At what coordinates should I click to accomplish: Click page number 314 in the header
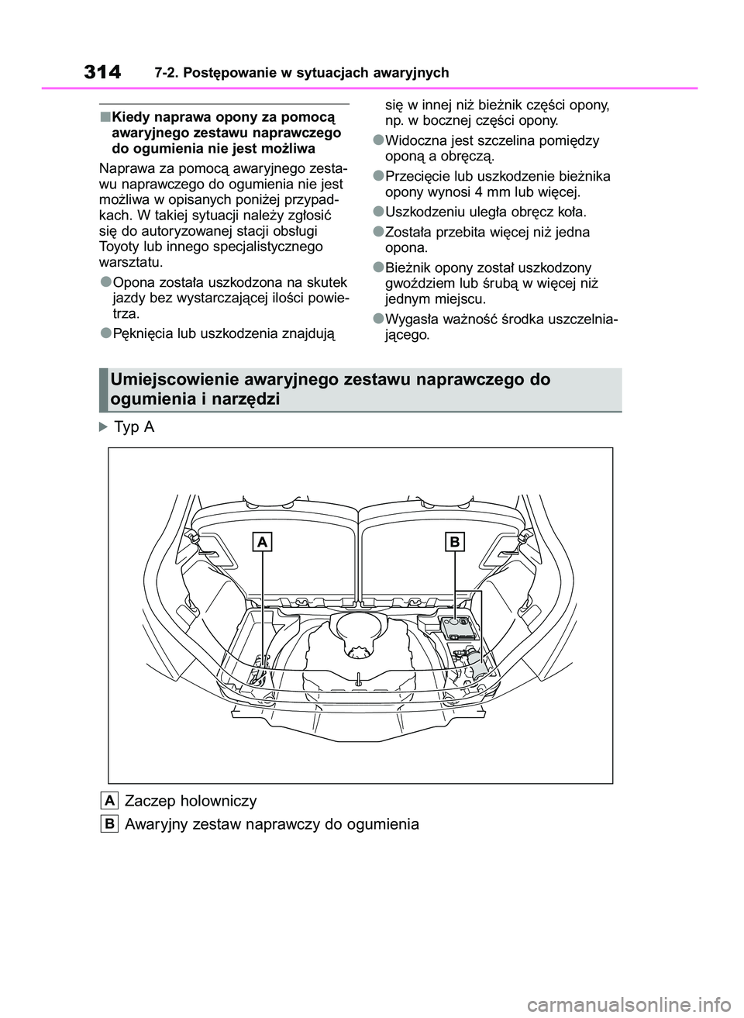coord(102,72)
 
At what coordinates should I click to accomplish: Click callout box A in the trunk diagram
coord(263,543)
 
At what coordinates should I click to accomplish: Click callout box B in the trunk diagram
coord(454,542)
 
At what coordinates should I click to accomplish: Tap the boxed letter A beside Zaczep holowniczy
coord(109,800)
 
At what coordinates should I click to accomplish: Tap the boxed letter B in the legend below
coord(109,823)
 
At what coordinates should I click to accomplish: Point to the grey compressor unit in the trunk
coord(455,630)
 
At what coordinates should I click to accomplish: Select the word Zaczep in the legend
coord(149,800)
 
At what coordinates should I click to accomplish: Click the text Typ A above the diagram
coord(134,426)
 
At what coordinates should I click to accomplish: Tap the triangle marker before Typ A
coord(105,426)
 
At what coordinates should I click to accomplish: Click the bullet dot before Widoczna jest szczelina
coord(377,140)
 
